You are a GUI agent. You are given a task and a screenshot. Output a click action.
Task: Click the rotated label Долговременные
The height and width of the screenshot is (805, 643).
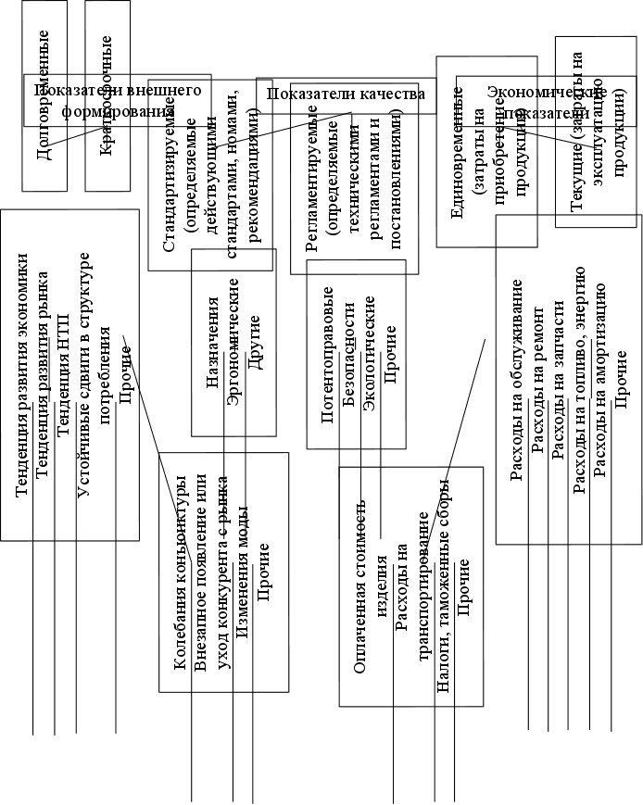[x=43, y=94]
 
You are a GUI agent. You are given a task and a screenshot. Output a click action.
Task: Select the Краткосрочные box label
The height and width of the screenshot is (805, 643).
[x=107, y=96]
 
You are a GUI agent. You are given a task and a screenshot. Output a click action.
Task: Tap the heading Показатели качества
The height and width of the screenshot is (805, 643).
[x=346, y=94]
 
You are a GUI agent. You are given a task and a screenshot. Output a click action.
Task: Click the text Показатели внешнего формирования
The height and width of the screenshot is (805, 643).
[x=118, y=101]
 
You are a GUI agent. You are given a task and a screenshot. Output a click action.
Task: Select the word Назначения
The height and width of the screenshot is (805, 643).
[x=213, y=342]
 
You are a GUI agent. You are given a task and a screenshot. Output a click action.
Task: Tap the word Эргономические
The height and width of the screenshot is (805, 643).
[x=234, y=342]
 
